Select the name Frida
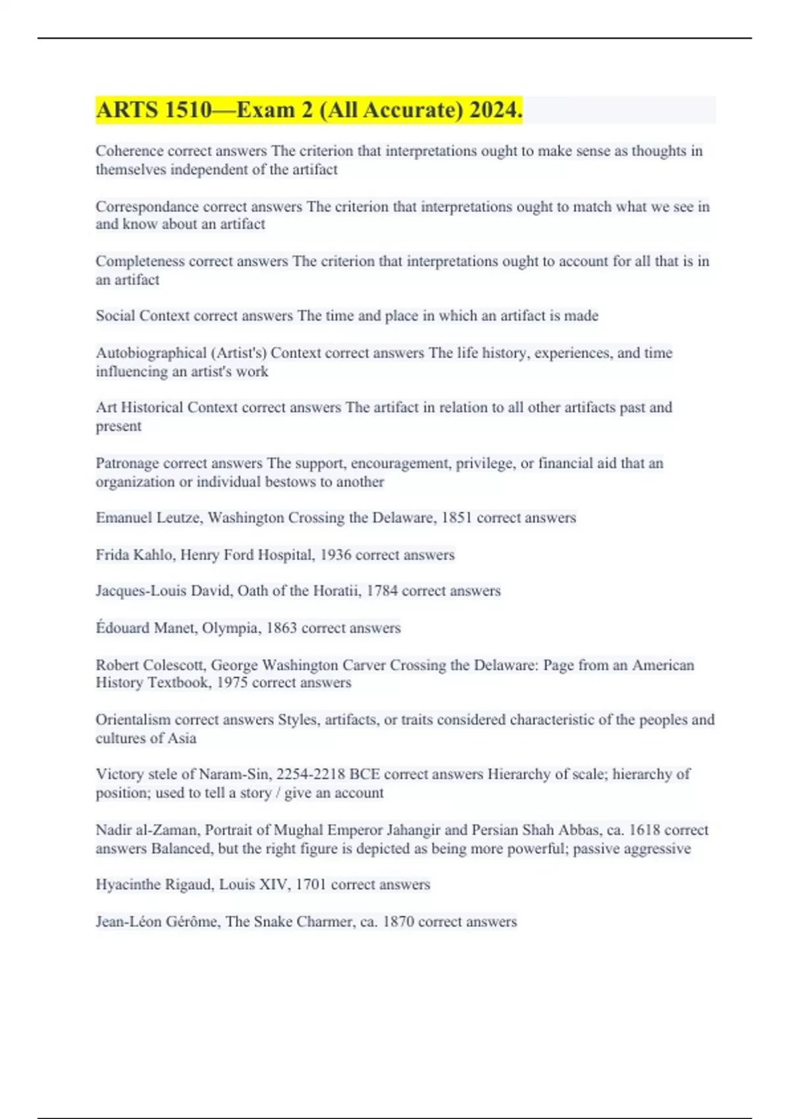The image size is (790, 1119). tap(112, 555)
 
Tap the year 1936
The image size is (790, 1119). tap(335, 555)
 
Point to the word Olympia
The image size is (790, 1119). tap(230, 628)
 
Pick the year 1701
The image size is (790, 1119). tap(311, 885)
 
